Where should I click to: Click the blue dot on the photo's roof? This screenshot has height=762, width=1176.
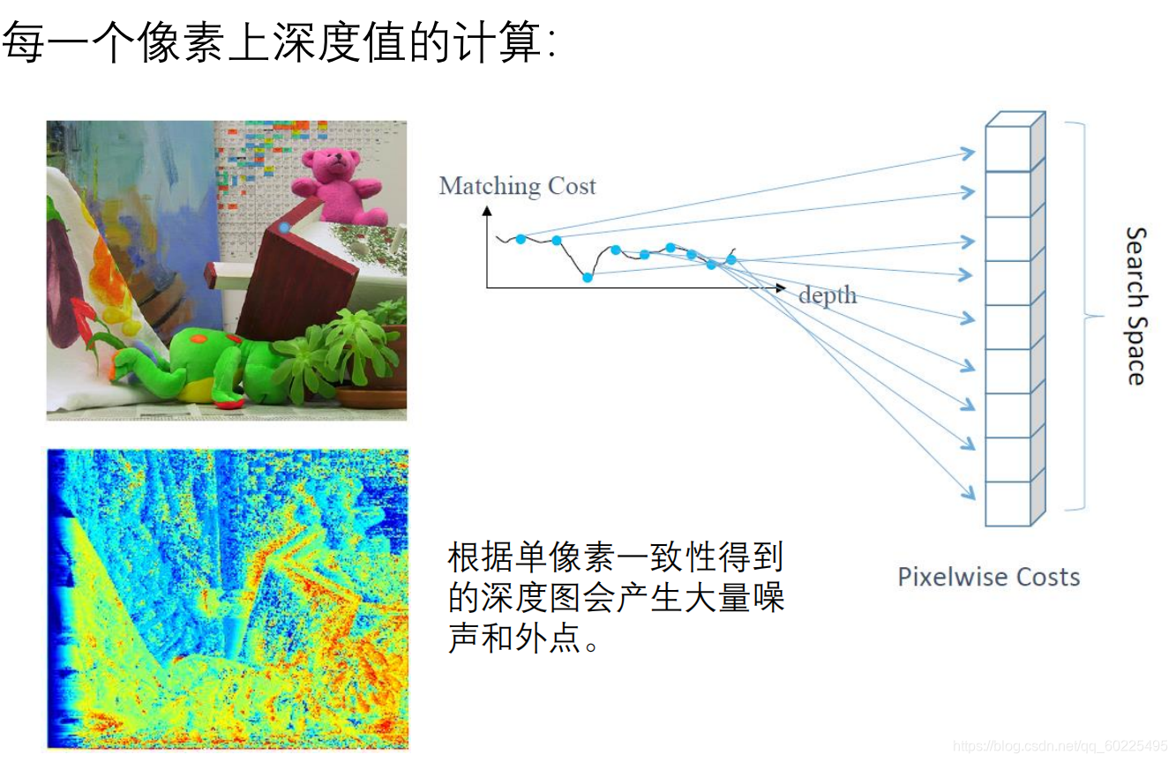tap(284, 228)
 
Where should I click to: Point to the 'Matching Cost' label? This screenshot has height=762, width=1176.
tap(517, 186)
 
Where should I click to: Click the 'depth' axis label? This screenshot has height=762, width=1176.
tap(827, 295)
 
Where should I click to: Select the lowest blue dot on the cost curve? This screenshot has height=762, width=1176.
tap(588, 278)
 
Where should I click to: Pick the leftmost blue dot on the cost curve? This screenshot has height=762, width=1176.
tap(521, 239)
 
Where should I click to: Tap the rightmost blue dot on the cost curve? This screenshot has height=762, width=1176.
tap(730, 259)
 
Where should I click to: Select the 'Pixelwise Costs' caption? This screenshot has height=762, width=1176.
tap(988, 578)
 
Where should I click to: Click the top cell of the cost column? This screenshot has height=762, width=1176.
tap(1007, 149)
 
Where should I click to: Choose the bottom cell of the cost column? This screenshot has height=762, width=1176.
tap(1007, 504)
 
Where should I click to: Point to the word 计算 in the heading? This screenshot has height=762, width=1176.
tap(500, 42)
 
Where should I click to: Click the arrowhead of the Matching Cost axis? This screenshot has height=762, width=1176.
tap(486, 211)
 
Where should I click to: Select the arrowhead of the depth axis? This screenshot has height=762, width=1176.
tap(780, 288)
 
